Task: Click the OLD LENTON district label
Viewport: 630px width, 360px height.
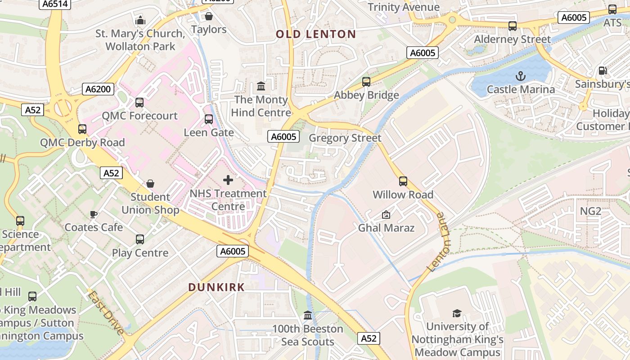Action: (x=315, y=34)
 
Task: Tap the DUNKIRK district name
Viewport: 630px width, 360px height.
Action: (x=216, y=287)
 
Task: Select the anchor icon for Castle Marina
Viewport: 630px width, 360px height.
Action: (x=521, y=76)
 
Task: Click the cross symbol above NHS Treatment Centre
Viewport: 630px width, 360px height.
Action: (x=228, y=180)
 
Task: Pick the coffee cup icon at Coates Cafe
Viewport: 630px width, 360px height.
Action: (x=94, y=214)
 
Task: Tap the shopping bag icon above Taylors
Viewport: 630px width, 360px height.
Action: (x=209, y=17)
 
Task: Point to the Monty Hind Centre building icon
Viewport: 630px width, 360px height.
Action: (x=261, y=86)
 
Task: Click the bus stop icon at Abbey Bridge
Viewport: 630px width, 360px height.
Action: (x=366, y=82)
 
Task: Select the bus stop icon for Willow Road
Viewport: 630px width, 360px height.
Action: (x=403, y=181)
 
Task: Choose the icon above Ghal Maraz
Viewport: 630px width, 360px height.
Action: (x=386, y=215)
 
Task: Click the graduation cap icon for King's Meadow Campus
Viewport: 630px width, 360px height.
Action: (x=457, y=313)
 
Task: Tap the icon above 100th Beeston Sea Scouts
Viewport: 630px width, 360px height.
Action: (x=308, y=315)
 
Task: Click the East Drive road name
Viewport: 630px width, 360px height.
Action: (x=106, y=313)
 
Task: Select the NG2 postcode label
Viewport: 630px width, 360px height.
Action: (x=590, y=211)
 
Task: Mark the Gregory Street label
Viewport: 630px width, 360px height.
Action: (x=345, y=138)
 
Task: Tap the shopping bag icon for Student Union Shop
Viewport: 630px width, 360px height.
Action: (x=150, y=184)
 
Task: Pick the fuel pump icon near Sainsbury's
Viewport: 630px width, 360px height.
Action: (x=603, y=71)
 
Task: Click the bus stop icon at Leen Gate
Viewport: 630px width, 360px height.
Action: (x=209, y=119)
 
